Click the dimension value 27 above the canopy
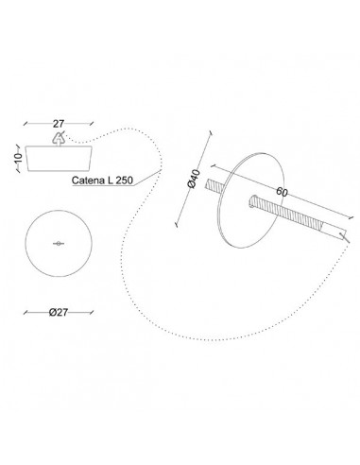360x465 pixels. (59, 124)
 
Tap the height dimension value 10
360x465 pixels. (19, 157)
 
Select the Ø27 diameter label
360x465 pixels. (59, 312)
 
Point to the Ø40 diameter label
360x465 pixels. (194, 179)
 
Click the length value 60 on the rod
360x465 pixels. (282, 192)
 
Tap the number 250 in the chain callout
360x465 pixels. (125, 181)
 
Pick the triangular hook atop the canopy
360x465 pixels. (59, 139)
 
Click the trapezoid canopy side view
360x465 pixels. (59, 159)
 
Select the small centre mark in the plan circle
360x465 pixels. (59, 243)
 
